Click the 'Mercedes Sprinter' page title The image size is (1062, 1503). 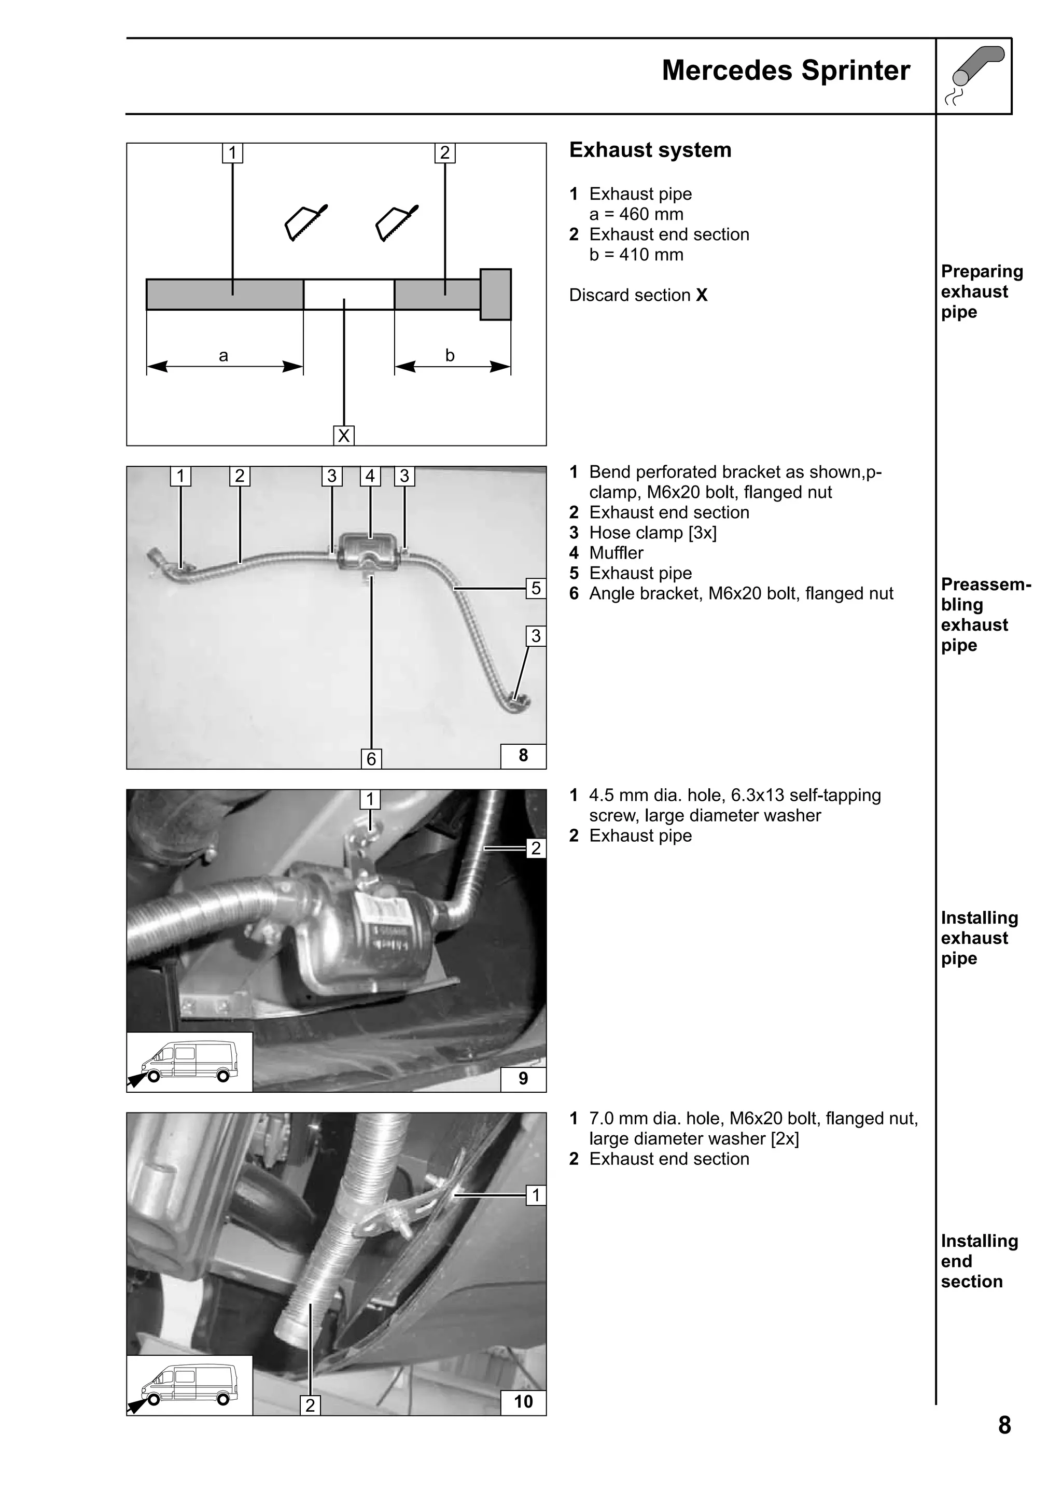785,71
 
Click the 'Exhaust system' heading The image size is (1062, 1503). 650,150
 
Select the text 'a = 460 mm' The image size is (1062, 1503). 636,214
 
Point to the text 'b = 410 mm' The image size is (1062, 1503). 636,255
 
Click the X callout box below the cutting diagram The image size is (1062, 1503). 343,435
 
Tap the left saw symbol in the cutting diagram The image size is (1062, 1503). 305,222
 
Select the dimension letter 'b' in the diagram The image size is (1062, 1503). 450,355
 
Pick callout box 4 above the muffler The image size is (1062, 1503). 370,476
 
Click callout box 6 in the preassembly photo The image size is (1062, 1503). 371,759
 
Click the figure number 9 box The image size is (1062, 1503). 523,1078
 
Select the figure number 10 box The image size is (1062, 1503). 523,1401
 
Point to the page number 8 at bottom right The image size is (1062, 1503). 1004,1425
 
